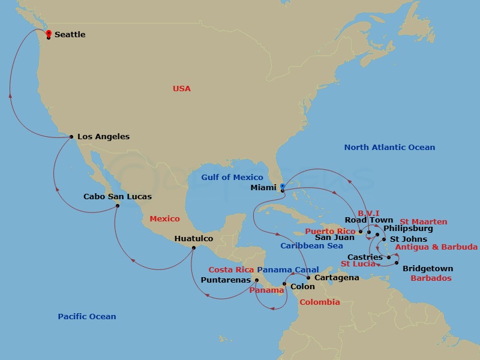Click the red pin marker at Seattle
point(49,34)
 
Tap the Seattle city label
point(70,35)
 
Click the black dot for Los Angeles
point(71,137)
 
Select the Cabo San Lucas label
point(117,197)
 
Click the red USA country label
point(181,89)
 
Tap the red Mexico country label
point(164,219)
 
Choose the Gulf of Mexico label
point(232,177)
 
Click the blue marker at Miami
point(282,187)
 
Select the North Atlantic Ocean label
point(389,148)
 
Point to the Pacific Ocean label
point(87,316)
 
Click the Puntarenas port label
point(226,280)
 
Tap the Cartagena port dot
point(308,278)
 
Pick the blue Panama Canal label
point(287,270)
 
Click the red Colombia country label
point(319,302)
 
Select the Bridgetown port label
point(427,269)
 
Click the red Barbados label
point(431,278)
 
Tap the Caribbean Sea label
point(311,246)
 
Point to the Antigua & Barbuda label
point(436,247)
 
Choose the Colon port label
point(302,287)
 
